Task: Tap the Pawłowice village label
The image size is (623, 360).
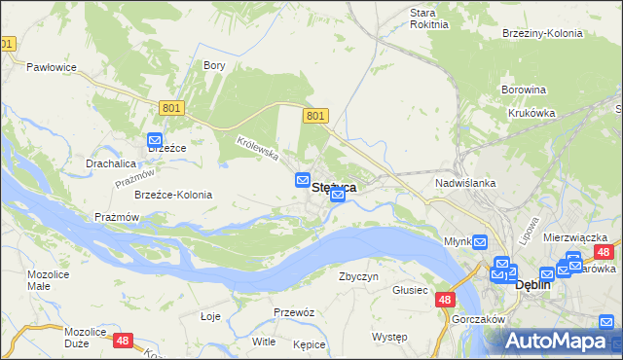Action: click(52, 67)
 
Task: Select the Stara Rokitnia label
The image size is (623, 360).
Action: click(429, 18)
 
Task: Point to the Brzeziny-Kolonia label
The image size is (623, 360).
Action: click(542, 33)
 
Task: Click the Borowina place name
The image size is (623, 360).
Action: click(524, 90)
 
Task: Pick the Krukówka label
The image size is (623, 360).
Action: click(531, 113)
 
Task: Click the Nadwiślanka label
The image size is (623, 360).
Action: click(466, 183)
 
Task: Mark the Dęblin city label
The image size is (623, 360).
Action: click(532, 285)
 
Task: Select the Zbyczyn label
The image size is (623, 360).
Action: click(358, 276)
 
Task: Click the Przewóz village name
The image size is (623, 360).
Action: click(293, 312)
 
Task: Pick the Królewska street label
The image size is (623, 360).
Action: click(258, 148)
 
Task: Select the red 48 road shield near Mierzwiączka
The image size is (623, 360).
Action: click(603, 252)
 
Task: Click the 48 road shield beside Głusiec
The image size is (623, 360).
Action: click(445, 302)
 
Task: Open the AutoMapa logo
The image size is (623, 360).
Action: click(561, 341)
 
